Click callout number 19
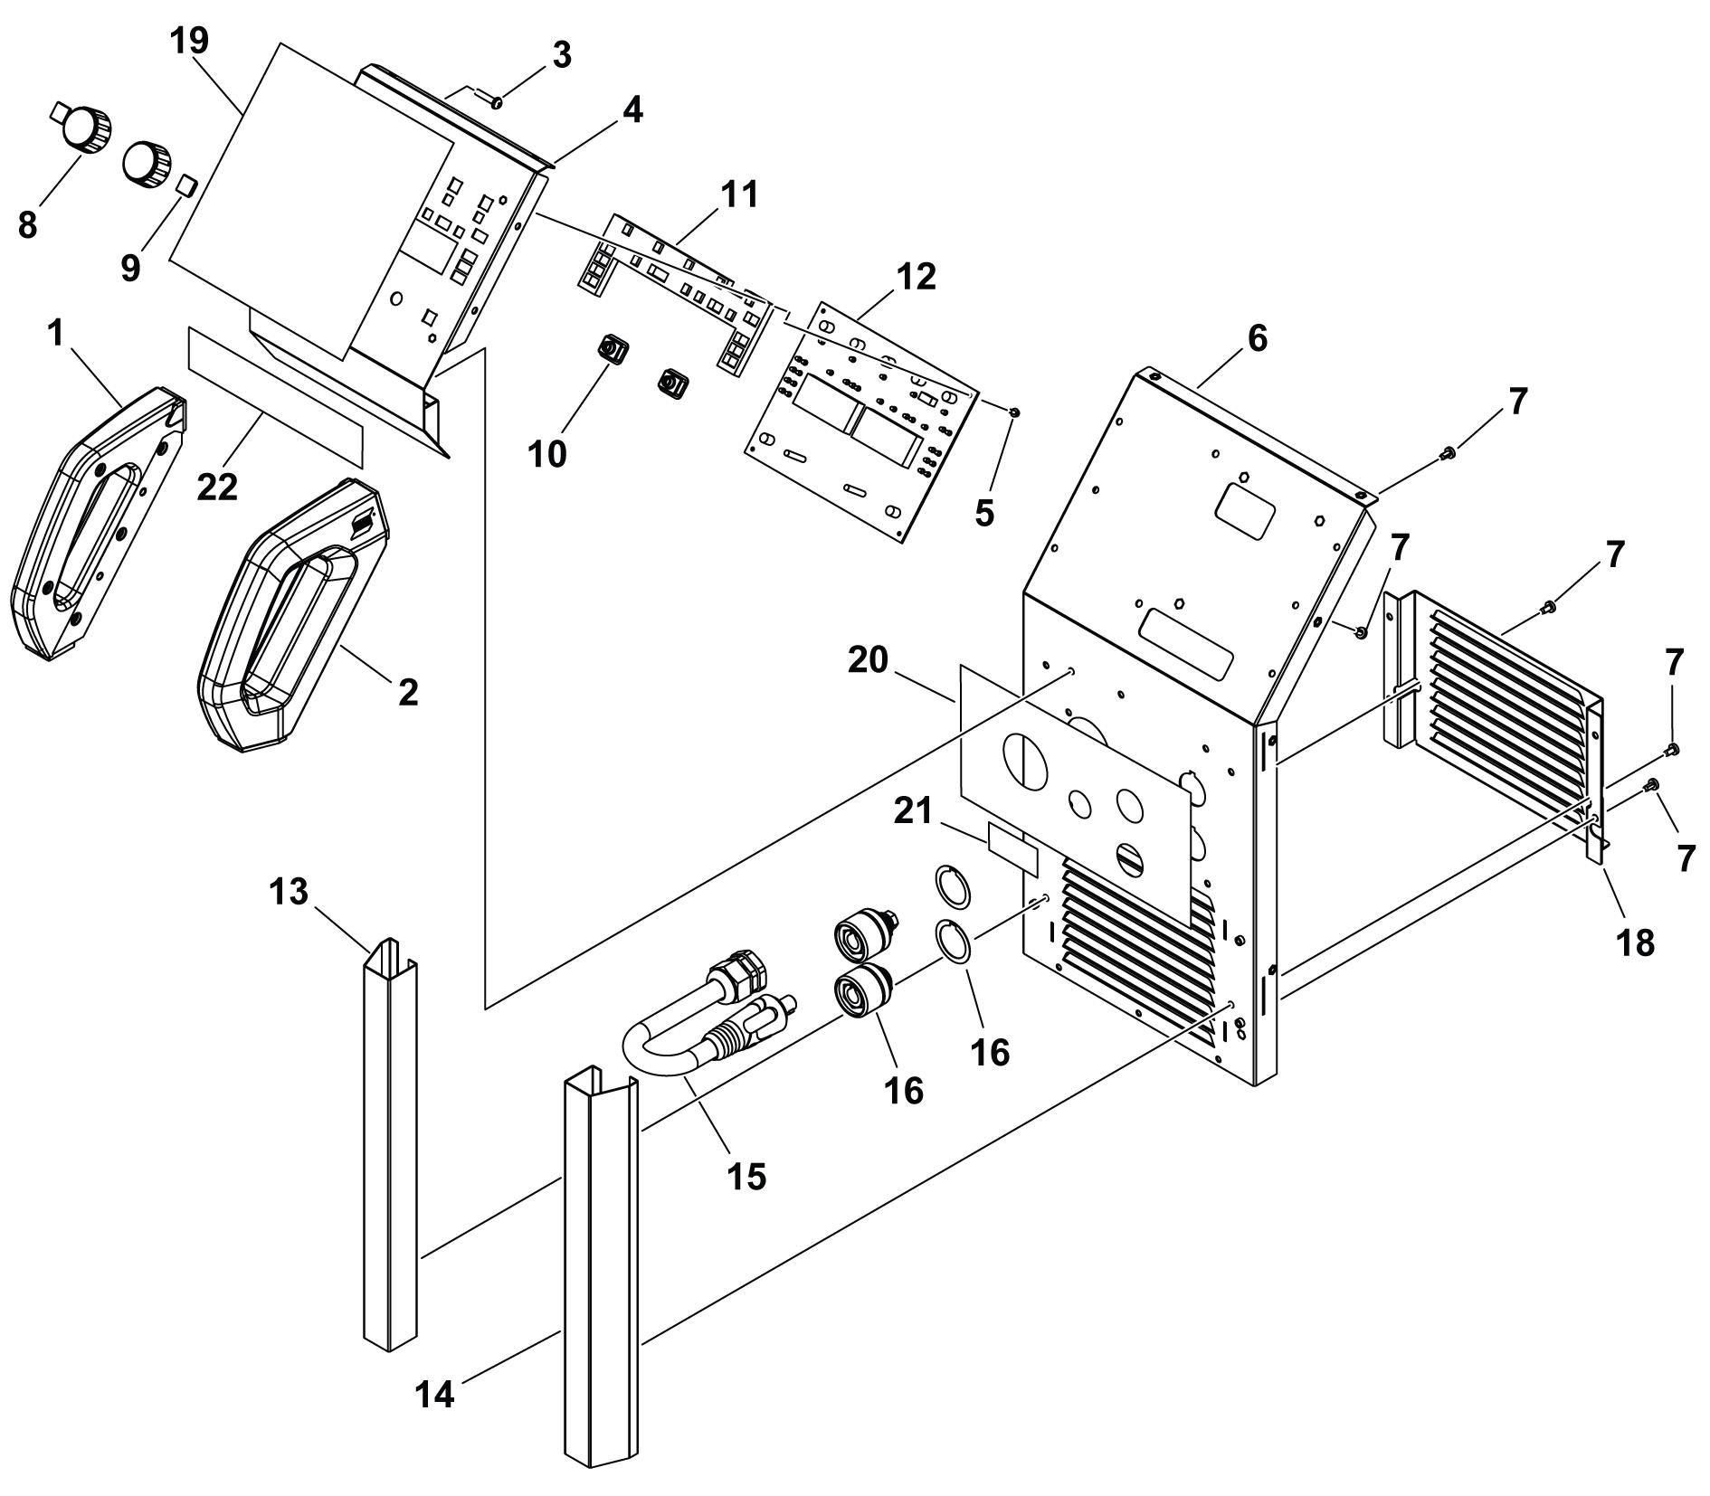click(x=190, y=40)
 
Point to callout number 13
click(x=289, y=892)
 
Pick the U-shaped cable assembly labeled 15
click(x=710, y=1023)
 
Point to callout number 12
click(x=917, y=278)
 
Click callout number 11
click(x=739, y=194)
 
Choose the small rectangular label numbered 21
click(x=1012, y=848)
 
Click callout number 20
click(x=868, y=660)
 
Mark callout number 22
click(x=217, y=487)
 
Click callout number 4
click(x=632, y=109)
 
